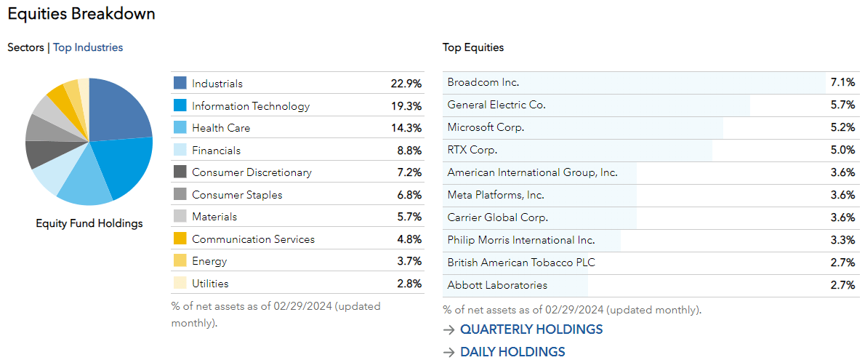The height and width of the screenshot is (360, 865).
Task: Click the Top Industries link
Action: pos(88,47)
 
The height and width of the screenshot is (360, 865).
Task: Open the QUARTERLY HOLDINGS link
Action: pos(531,329)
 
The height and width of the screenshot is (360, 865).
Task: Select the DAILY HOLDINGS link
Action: pos(512,352)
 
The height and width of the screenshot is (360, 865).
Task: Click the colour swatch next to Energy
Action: pos(180,261)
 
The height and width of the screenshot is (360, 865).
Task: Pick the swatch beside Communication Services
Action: pos(180,239)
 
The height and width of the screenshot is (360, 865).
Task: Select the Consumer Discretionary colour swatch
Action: pos(180,172)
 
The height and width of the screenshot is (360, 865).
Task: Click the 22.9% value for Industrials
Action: pos(406,84)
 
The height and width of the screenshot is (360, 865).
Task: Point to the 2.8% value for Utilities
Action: pos(408,284)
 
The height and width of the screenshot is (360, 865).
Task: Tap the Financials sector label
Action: pos(216,151)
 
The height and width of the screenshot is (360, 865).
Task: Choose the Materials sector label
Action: pos(214,217)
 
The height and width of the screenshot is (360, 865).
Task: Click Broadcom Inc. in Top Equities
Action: pos(483,82)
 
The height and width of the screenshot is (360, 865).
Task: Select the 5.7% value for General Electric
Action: pos(842,105)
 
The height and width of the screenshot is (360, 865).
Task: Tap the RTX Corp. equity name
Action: pos(472,150)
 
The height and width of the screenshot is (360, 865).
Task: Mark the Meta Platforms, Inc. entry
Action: pos(496,195)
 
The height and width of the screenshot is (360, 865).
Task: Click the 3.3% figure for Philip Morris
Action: pos(842,240)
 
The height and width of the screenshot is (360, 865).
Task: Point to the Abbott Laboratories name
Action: pos(497,285)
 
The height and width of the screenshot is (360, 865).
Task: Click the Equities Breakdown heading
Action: pos(81,14)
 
